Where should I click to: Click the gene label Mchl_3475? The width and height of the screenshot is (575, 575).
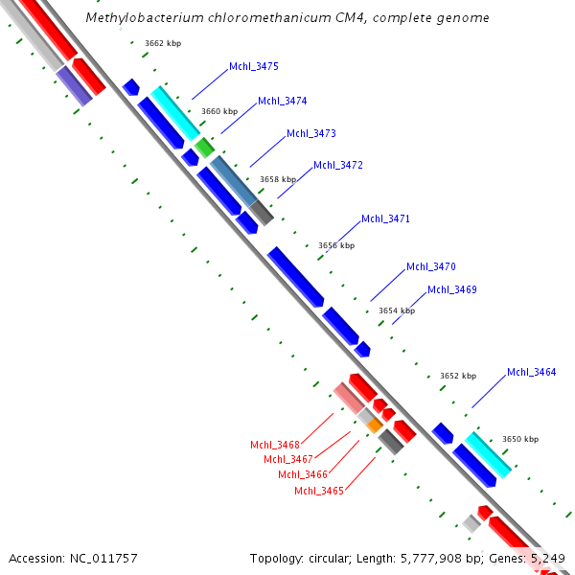pos(254,67)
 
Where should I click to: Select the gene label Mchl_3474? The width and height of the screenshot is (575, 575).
pos(283,101)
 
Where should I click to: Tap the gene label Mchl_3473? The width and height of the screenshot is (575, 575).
pos(311,133)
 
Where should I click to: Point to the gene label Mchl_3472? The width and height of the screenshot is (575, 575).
pos(338,165)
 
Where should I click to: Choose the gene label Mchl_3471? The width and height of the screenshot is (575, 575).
pos(386,219)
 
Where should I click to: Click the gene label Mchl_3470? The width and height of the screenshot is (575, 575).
pos(431,267)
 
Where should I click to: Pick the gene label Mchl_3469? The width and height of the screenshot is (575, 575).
pos(452,289)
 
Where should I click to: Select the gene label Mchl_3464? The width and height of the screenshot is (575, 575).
pos(532,372)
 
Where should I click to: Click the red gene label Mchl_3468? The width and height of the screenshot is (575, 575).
pos(275,445)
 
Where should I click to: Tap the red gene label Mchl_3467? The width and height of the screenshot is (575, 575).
pos(288,459)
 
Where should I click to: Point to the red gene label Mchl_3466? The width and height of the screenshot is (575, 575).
pos(303,474)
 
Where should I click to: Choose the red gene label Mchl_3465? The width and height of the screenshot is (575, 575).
pos(319,491)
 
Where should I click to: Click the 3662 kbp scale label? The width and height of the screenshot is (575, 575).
pos(163,43)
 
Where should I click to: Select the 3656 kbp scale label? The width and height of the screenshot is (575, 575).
pos(336,245)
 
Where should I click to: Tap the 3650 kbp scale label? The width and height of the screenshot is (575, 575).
pos(520,439)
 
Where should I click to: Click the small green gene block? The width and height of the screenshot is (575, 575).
pos(204,148)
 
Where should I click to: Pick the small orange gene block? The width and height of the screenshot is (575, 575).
pos(375,424)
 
